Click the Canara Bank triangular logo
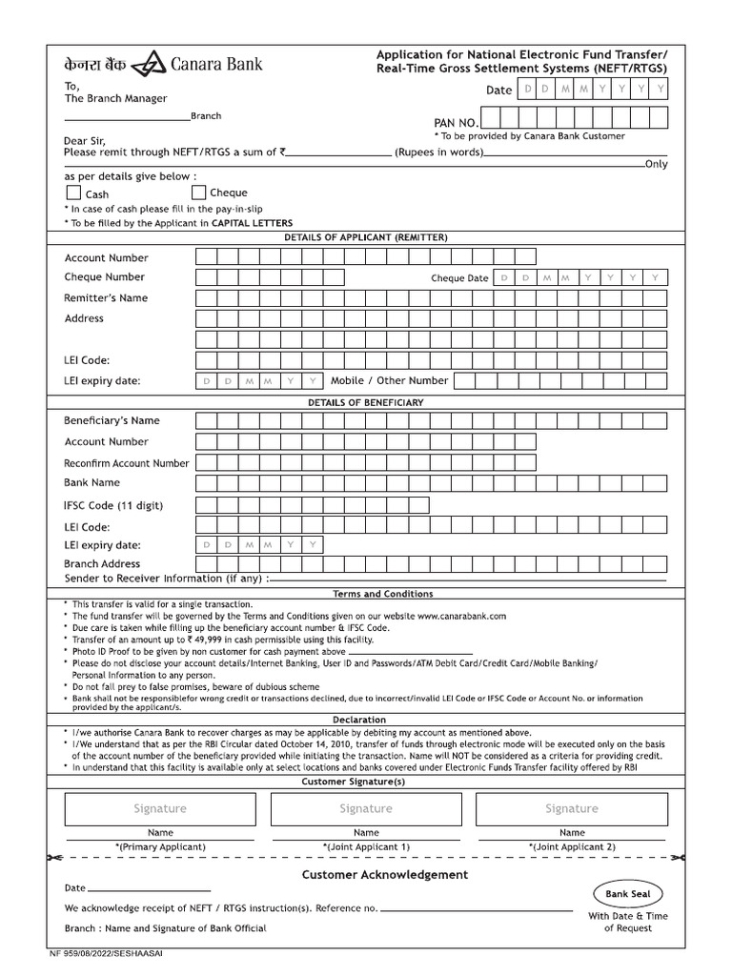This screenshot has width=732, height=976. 149,65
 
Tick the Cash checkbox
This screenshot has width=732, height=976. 73,193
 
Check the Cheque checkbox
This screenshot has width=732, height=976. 199,192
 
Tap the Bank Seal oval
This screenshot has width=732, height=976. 627,894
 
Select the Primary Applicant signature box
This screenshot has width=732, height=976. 160,808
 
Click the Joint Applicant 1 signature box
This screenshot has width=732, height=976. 366,808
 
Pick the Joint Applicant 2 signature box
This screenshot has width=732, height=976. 572,808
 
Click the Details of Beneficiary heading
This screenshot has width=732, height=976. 365,402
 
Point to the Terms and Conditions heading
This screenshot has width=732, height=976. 382,594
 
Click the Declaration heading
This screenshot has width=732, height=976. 359,720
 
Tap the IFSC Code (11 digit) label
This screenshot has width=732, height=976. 114,505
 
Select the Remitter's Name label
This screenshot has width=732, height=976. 106,297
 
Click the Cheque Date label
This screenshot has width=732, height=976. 459,278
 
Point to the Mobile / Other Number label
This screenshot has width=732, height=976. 389,380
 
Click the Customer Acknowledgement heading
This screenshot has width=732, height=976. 385,874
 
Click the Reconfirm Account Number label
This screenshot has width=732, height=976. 127,463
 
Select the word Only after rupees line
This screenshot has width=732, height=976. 656,164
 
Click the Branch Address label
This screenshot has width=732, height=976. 102,563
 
